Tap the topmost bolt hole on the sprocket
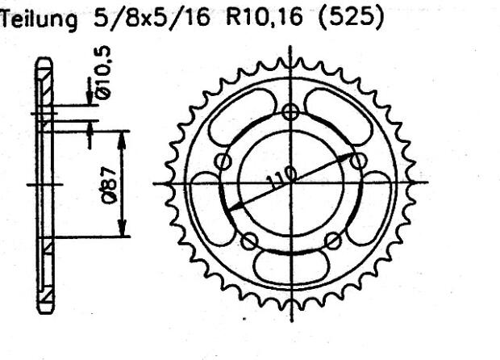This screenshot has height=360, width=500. pyautogui.click(x=291, y=112)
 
